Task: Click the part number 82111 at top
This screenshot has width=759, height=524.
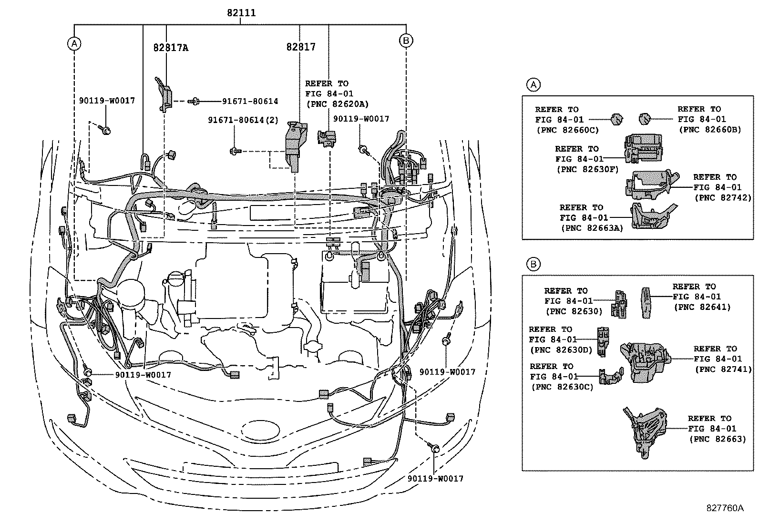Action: tap(240, 13)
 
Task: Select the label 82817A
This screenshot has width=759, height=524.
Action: tap(170, 48)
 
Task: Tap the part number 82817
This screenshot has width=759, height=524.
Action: tap(301, 47)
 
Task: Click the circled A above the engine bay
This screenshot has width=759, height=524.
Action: tap(74, 43)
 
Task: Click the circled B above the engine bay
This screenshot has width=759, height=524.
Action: tap(405, 41)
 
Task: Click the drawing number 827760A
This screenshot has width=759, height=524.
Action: tap(725, 508)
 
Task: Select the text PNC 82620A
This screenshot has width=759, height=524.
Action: tap(337, 104)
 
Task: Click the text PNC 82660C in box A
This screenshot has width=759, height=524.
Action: tap(567, 130)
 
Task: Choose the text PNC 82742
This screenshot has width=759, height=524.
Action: tap(722, 198)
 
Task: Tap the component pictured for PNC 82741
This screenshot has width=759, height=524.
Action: tap(645, 361)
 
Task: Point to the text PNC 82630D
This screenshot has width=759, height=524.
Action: tap(561, 350)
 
